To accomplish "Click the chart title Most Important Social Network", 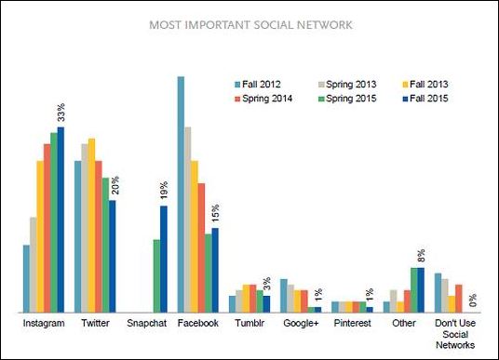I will (250, 25).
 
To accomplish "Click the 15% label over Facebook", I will (215, 212).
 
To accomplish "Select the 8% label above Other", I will (421, 254).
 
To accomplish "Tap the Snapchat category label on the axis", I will (147, 324).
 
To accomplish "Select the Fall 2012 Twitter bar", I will (78, 236).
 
